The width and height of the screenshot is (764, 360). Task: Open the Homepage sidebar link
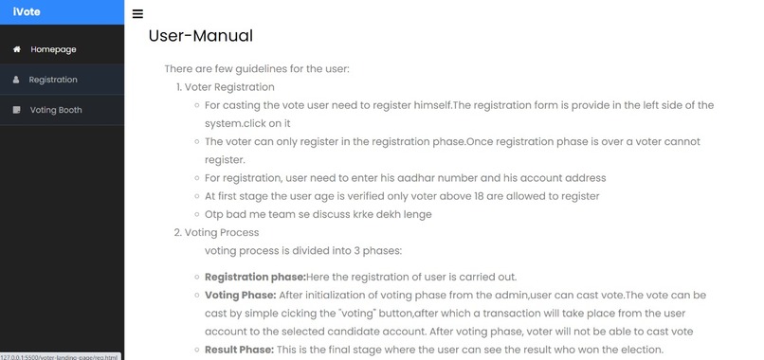pos(53,49)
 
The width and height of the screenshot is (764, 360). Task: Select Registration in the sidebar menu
pos(53,80)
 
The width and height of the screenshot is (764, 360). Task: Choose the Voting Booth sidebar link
pos(56,110)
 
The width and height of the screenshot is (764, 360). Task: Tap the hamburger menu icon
pos(138,14)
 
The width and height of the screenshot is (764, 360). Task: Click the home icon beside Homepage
pos(16,49)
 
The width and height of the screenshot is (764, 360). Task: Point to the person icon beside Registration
pos(16,80)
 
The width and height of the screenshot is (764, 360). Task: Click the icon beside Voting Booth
pos(16,110)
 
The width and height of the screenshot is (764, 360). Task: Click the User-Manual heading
pos(200,37)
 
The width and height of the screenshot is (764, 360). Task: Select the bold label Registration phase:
pos(255,277)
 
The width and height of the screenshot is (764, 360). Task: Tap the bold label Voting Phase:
pos(240,295)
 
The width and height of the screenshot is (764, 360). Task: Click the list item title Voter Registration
pos(229,87)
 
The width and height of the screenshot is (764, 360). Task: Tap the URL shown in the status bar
pos(60,356)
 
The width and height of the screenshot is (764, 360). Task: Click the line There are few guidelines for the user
pos(257,69)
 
